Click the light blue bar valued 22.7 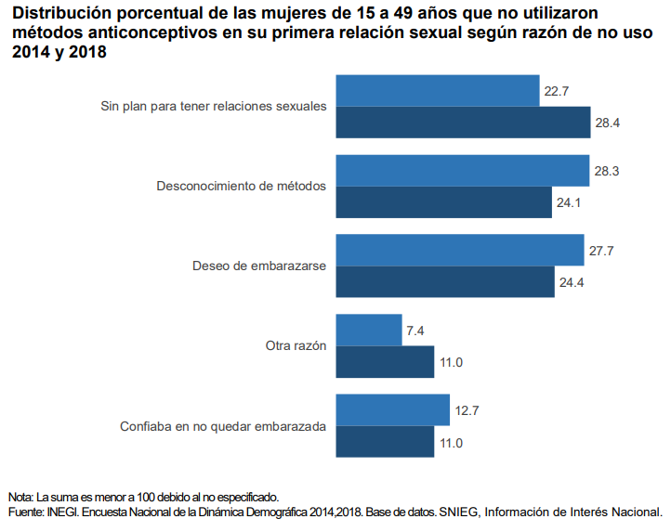[437, 91]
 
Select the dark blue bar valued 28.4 [463, 123]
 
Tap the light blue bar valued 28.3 [462, 171]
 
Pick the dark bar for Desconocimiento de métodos [443, 202]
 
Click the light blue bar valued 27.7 [459, 251]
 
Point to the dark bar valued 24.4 [444, 282]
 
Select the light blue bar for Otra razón [368, 331]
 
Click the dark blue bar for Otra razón [385, 362]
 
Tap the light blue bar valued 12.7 [392, 410]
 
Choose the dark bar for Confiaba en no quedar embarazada [385, 442]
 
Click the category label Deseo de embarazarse [258, 266]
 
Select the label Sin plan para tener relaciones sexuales [213, 106]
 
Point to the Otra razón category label [296, 346]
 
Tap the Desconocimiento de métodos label [241, 187]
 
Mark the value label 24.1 [569, 202]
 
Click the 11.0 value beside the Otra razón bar [451, 362]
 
